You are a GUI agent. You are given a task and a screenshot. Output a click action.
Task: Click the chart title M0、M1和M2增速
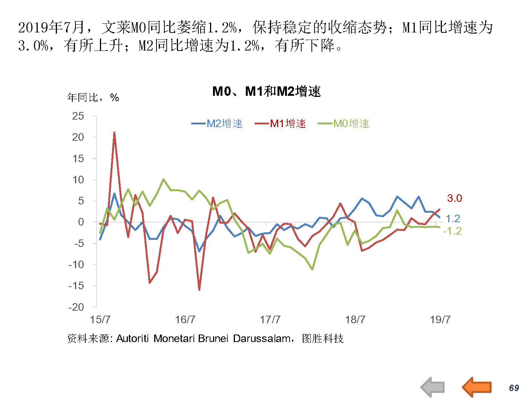(x=266, y=91)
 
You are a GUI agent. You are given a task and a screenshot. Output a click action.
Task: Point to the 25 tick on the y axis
(x=78, y=116)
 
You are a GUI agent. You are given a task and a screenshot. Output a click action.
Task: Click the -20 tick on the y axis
(x=76, y=307)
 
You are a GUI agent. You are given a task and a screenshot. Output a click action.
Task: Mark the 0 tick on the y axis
(x=81, y=222)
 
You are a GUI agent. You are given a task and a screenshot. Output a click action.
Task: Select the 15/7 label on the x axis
(x=100, y=320)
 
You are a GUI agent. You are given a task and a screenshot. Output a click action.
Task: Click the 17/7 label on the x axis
(x=270, y=320)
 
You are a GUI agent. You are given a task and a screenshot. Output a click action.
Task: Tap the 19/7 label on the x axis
(x=440, y=320)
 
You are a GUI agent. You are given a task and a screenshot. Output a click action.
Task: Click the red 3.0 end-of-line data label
(x=454, y=198)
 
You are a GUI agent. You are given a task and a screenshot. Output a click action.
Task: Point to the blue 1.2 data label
(x=453, y=218)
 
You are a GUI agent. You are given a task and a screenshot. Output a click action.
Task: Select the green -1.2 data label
(x=452, y=231)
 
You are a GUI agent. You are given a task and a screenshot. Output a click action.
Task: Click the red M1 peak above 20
(x=114, y=133)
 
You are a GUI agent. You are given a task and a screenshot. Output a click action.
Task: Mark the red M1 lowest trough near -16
(x=199, y=289)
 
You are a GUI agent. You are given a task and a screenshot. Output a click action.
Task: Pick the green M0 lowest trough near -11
(x=312, y=269)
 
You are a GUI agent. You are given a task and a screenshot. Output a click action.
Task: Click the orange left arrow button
(x=477, y=387)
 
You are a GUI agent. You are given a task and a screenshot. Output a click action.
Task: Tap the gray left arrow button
(x=433, y=387)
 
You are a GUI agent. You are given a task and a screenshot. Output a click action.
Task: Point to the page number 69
(x=514, y=388)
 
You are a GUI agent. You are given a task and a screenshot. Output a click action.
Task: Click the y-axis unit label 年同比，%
(x=93, y=98)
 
